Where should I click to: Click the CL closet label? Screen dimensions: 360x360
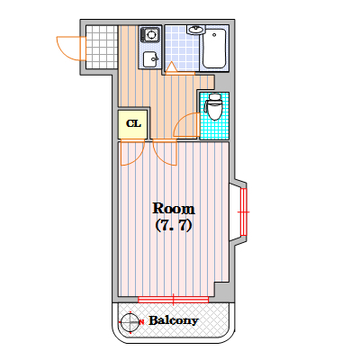(133, 123)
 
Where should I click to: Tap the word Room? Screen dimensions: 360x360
(174, 209)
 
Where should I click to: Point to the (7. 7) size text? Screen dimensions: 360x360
(174, 226)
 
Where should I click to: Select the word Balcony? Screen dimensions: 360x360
(174, 321)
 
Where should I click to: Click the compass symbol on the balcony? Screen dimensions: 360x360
(130, 322)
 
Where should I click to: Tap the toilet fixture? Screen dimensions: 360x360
(213, 107)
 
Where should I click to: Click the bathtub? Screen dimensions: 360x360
(214, 49)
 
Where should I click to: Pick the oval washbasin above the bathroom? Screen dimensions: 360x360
(196, 30)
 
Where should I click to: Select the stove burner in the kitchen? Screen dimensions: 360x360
(150, 34)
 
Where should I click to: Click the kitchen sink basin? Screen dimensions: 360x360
(150, 59)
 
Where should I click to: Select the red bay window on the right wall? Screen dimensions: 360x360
(243, 212)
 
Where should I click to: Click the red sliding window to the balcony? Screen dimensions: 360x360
(174, 299)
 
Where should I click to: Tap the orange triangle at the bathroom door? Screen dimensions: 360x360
(171, 68)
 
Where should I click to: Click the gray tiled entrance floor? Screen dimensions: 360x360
(102, 47)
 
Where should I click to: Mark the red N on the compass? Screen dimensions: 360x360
(141, 322)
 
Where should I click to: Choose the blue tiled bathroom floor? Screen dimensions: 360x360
(182, 48)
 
